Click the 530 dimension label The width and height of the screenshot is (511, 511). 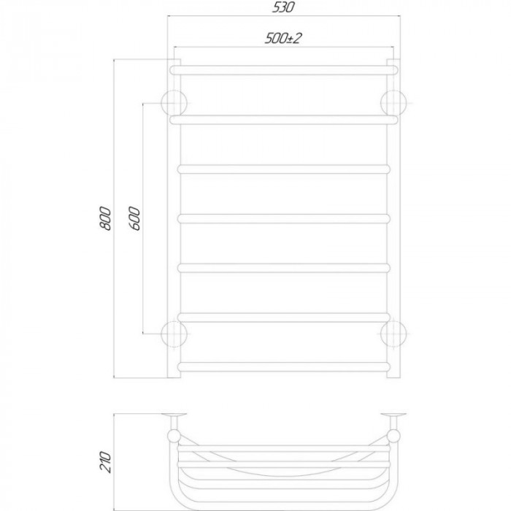pyautogui.click(x=283, y=7)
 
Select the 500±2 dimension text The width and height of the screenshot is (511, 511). pyautogui.click(x=283, y=38)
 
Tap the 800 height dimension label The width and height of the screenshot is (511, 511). pyautogui.click(x=105, y=218)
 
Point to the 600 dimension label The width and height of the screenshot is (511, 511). pyautogui.click(x=134, y=218)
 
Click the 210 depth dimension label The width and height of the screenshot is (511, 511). pyautogui.click(x=105, y=462)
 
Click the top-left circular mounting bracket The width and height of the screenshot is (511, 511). pyautogui.click(x=174, y=104)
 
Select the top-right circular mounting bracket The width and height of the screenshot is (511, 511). pyautogui.click(x=393, y=104)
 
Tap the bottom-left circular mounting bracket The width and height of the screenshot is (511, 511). pyautogui.click(x=174, y=334)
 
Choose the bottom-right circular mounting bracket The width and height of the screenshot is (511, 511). pyautogui.click(x=393, y=334)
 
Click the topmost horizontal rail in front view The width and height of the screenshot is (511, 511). pyautogui.click(x=284, y=70)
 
